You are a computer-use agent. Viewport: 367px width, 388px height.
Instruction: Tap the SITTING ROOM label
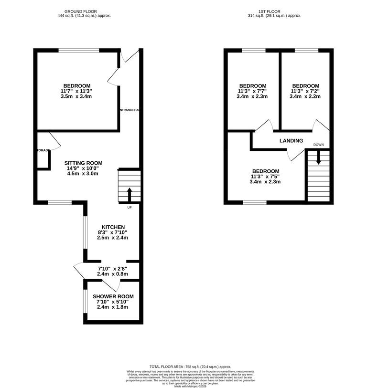pyautogui.click(x=83, y=163)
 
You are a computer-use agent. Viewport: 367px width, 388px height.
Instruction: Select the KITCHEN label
pyautogui.click(x=113, y=227)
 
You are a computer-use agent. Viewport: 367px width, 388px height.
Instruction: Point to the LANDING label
pyautogui.click(x=291, y=141)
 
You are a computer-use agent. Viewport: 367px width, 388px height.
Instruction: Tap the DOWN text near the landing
pyautogui.click(x=319, y=145)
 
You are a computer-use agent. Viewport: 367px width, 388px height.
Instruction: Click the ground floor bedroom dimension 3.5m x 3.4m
pyautogui.click(x=76, y=96)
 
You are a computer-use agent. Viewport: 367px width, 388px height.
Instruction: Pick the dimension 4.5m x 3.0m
pyautogui.click(x=83, y=174)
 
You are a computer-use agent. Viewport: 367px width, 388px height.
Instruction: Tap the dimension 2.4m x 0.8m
pyautogui.click(x=113, y=274)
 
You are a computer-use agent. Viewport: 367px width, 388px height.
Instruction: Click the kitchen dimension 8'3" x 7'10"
pyautogui.click(x=113, y=232)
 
